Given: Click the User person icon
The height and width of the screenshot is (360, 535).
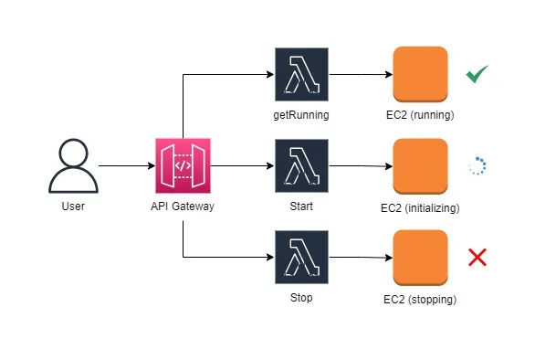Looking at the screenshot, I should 72,166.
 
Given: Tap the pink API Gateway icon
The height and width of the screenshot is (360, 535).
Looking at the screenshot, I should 183,166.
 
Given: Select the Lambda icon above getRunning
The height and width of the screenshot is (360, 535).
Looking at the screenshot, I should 300,75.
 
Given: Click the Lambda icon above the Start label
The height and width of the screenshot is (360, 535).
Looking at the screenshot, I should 300,165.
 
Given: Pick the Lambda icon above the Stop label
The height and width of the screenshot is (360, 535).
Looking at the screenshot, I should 300,259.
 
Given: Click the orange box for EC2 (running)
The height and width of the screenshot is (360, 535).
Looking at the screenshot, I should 420,75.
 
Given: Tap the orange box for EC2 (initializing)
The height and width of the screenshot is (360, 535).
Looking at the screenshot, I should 420,167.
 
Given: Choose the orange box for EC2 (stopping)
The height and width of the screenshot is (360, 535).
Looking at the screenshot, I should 420,258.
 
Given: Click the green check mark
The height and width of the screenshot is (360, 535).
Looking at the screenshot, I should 477,75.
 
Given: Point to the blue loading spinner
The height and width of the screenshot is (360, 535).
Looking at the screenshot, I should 477,166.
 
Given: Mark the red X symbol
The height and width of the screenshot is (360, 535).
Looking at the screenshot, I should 477,258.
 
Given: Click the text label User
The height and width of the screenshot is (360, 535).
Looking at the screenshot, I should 73,206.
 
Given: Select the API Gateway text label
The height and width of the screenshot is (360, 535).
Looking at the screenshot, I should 183,206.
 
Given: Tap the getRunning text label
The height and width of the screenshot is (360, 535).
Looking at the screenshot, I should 300,116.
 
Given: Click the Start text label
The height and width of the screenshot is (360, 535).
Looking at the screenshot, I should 300,206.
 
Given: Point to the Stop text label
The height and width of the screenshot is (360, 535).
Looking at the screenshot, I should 300,299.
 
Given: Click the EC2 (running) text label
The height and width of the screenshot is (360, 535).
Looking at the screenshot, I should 421,116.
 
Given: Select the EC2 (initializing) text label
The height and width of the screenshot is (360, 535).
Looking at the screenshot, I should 421,207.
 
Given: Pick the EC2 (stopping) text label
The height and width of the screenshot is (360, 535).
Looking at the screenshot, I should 421,299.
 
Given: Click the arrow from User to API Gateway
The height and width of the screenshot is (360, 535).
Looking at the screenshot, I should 126,166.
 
